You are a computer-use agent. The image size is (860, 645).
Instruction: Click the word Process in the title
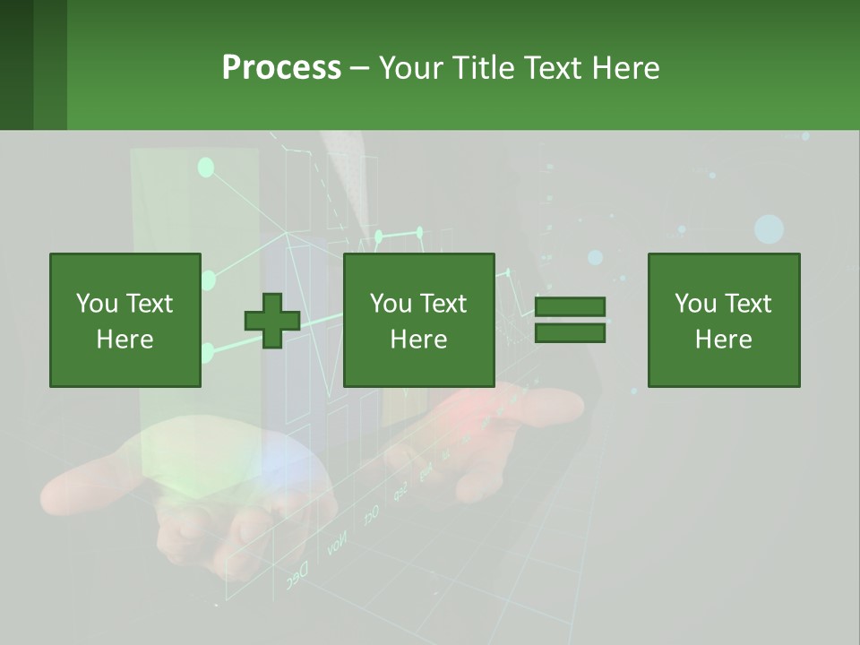click(x=281, y=68)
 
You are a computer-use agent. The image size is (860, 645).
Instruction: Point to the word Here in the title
click(x=626, y=68)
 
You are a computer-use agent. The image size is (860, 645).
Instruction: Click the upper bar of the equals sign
click(x=570, y=307)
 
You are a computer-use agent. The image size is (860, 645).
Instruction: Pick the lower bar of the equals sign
click(x=570, y=333)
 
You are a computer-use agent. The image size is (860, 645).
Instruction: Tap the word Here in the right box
click(x=723, y=340)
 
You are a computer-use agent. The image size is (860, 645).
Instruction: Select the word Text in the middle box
click(x=443, y=304)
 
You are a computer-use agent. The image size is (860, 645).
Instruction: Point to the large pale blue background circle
click(x=769, y=229)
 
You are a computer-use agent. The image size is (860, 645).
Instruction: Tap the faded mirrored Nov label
click(x=337, y=544)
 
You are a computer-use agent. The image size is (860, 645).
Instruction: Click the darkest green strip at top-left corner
click(x=16, y=64)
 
